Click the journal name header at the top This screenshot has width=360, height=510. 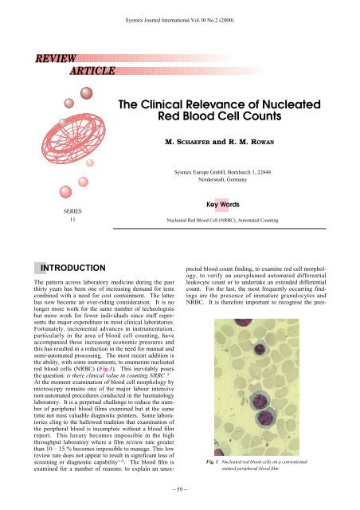tap(179, 14)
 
